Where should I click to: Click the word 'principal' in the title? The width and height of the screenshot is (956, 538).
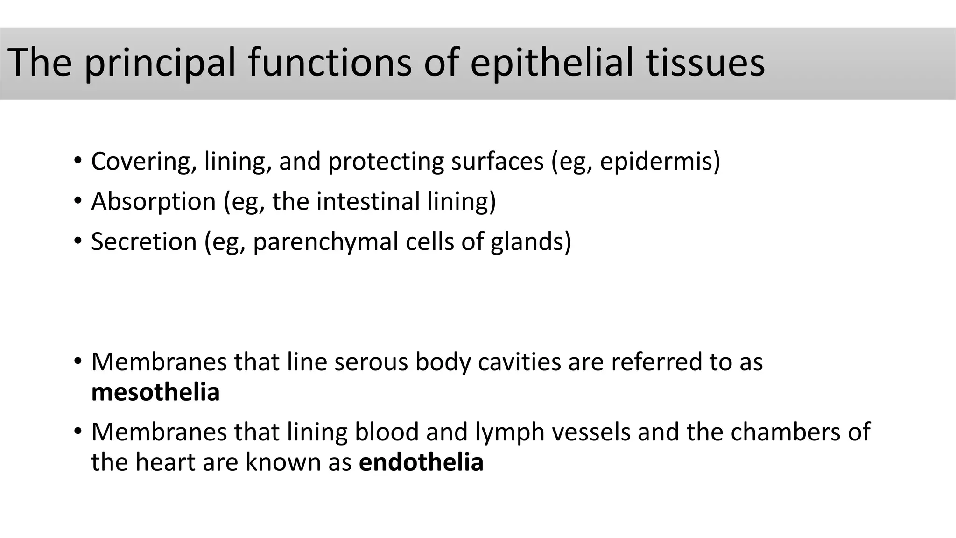tap(160, 63)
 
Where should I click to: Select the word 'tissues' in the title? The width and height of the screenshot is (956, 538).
tap(705, 63)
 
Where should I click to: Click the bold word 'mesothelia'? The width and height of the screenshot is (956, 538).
tap(155, 392)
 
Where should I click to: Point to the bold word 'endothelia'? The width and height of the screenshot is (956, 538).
tap(421, 462)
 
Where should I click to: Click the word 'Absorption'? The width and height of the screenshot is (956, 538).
tap(154, 202)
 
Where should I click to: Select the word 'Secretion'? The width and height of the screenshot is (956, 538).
tap(144, 242)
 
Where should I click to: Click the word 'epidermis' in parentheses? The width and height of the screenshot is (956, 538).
tap(656, 162)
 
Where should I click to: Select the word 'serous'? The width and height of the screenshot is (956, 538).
tap(371, 362)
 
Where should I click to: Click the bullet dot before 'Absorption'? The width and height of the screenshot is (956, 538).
tap(77, 201)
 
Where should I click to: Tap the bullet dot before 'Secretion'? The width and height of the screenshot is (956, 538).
tap(77, 241)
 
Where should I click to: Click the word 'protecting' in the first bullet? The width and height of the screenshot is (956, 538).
tap(386, 162)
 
